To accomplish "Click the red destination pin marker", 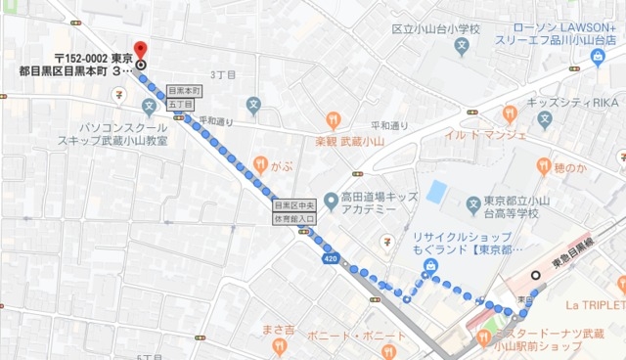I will (140, 49).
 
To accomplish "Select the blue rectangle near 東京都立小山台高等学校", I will (436, 193).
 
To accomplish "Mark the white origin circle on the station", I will (533, 275).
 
